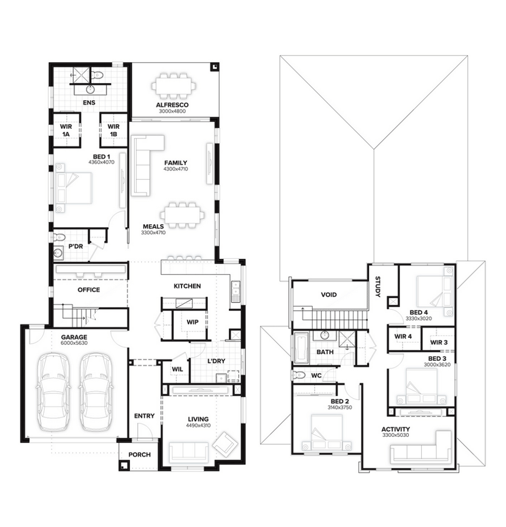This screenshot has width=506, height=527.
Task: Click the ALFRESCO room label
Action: (x=172, y=105)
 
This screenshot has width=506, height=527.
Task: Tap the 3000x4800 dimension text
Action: (x=172, y=111)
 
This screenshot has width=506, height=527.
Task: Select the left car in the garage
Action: (x=54, y=392)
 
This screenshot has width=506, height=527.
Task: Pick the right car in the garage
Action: (x=96, y=392)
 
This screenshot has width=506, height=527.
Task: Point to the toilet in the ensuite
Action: (x=97, y=75)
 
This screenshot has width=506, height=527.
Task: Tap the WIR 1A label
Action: (x=66, y=131)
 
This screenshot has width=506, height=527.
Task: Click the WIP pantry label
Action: (x=192, y=322)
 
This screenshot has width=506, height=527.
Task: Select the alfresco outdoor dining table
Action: (x=173, y=87)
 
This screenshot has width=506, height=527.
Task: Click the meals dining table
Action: (x=182, y=215)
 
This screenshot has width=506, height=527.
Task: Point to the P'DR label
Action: (x=76, y=247)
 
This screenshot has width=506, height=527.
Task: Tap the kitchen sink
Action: (x=235, y=292)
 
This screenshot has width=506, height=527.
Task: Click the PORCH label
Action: (x=139, y=455)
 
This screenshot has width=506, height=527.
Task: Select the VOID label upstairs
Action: (x=329, y=295)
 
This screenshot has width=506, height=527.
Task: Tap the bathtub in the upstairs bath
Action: (x=301, y=348)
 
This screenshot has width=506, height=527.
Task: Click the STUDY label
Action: (x=378, y=287)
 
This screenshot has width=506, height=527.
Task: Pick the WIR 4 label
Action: (x=403, y=337)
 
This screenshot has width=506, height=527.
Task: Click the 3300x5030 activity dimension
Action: (x=395, y=435)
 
